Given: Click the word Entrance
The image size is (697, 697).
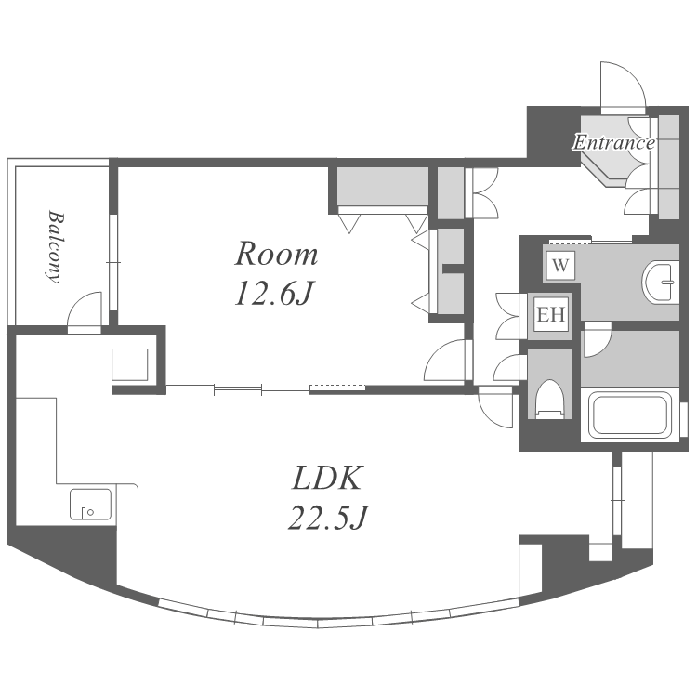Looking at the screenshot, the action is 613,143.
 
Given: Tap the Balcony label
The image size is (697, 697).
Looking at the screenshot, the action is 56,246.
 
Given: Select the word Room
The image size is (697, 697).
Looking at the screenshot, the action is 276,254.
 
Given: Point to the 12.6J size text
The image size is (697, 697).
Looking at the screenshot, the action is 274,294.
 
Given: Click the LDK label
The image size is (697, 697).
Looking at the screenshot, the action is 327,478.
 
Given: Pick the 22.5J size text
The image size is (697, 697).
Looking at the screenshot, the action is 328,518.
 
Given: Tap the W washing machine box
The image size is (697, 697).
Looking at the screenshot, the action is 560,266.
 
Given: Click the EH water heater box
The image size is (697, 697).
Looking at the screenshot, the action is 551,314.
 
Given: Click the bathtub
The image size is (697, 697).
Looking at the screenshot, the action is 630,414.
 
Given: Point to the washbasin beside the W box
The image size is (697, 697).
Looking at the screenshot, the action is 660,282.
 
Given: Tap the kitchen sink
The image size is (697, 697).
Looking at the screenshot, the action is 91,504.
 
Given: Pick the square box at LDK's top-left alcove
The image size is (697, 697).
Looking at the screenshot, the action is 129,364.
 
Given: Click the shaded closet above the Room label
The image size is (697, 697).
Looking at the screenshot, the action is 382,186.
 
